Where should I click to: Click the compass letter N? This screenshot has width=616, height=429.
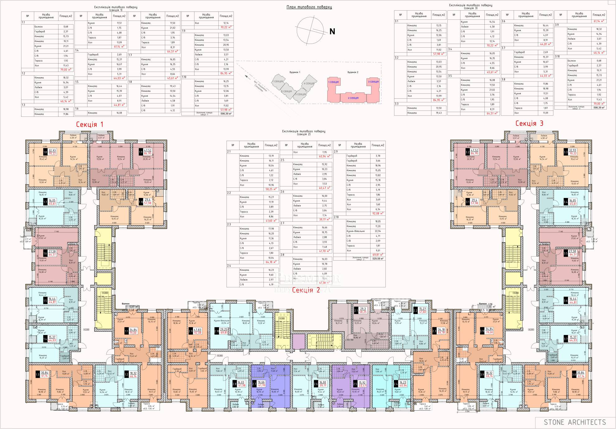click(332, 31)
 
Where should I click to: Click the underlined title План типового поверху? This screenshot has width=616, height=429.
click(309, 7)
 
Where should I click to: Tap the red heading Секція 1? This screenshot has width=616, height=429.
click(90, 125)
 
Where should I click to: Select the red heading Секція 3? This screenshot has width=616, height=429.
click(529, 123)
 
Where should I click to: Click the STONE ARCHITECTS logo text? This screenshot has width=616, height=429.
click(575, 422)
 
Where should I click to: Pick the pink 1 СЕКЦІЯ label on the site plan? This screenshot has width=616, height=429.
click(333, 82)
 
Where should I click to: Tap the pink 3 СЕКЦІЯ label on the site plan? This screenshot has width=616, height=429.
click(373, 82)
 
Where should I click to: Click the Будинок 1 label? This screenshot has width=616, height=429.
click(295, 72)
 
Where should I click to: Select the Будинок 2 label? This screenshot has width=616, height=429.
click(353, 72)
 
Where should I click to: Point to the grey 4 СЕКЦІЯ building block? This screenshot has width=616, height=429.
click(309, 83)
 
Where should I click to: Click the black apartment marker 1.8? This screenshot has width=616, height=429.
click(45, 152)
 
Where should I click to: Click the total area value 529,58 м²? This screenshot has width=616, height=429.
click(378, 258)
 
